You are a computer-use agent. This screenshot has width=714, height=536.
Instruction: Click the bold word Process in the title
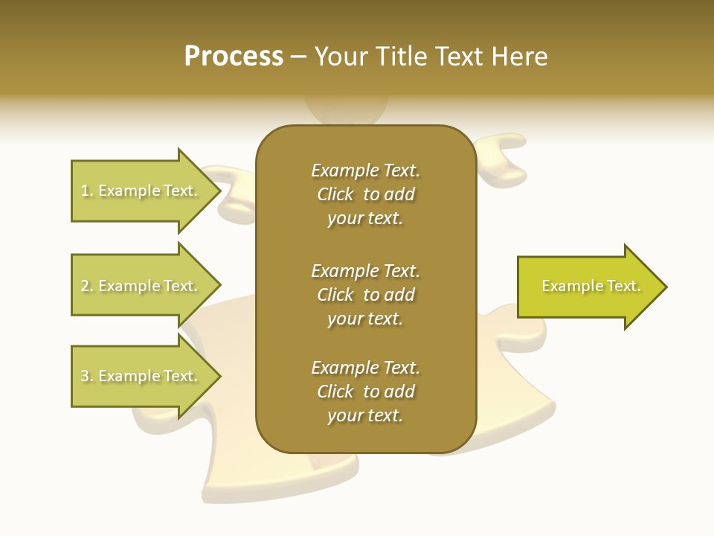[234, 57]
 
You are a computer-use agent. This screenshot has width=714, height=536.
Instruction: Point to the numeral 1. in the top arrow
[87, 191]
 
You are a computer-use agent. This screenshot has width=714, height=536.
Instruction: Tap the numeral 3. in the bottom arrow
[87, 377]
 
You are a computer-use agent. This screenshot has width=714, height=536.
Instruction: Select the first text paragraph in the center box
[365, 194]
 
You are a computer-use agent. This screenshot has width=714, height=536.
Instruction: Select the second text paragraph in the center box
[365, 295]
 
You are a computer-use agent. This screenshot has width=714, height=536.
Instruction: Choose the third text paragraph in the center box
[365, 392]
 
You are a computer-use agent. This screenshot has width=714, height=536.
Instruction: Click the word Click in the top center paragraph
[335, 195]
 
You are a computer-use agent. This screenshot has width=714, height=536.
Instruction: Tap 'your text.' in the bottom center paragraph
[365, 415]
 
